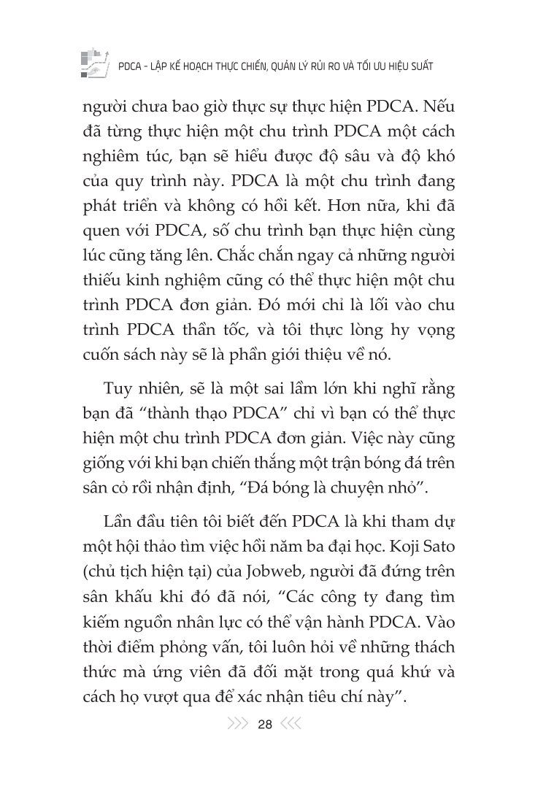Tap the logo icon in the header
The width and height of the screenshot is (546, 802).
pos(93,64)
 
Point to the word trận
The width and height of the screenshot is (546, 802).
pos(342,463)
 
